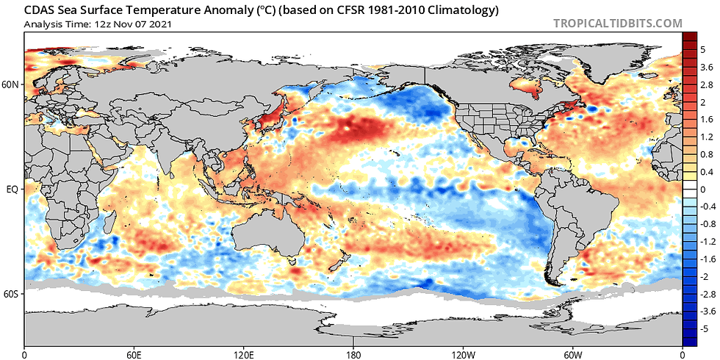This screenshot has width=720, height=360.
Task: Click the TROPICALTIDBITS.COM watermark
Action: (617, 23)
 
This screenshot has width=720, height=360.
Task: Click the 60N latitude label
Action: (11, 84)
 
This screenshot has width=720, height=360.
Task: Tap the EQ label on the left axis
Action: (12, 189)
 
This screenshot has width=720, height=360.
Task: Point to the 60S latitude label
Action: (11, 294)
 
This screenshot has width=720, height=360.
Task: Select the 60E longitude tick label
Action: (134, 354)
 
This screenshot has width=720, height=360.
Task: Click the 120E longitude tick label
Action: (243, 354)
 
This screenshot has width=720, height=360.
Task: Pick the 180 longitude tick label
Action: (353, 354)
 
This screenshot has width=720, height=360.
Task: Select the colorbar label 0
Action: (702, 189)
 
